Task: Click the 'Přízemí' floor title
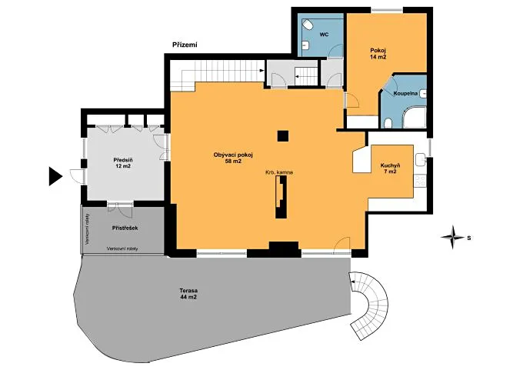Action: (x=185, y=45)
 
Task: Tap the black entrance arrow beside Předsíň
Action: (x=55, y=176)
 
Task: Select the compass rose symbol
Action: (x=452, y=237)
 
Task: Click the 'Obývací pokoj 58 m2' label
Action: (x=233, y=158)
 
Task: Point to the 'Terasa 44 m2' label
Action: (x=188, y=294)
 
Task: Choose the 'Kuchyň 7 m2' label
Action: (x=390, y=168)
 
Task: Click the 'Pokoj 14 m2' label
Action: (x=378, y=54)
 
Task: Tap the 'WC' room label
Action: (x=325, y=35)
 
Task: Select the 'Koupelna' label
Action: (x=405, y=93)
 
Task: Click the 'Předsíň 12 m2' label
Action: (x=123, y=163)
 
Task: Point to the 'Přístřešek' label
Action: (x=125, y=228)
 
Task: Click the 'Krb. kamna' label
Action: (x=279, y=172)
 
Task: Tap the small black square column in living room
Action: (x=283, y=136)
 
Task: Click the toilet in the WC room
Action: (x=307, y=25)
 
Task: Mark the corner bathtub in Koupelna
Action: (x=415, y=117)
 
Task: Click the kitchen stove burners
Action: (x=420, y=182)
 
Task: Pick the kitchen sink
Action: (x=421, y=159)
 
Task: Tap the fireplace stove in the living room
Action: (x=281, y=197)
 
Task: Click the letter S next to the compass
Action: (x=469, y=238)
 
